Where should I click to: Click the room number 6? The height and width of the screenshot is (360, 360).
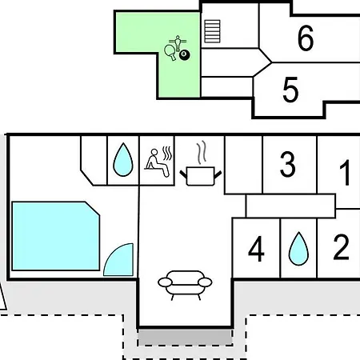pos(306,38)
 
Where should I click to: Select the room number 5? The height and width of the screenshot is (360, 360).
pos(290,90)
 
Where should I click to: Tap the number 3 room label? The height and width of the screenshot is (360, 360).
pos(287,164)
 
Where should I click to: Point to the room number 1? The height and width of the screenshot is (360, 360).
pos(346,173)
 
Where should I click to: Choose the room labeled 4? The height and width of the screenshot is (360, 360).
pos(256,249)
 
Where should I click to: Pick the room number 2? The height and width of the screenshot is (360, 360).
pos(341,246)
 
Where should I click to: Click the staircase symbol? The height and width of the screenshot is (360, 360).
pos(212,31)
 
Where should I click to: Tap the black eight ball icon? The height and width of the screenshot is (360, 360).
pos(185,55)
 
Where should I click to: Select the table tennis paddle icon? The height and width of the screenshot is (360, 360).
pos(170,52)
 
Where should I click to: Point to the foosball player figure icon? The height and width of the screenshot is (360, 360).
pos(178,43)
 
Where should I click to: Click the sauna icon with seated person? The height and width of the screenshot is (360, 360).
pos(158,162)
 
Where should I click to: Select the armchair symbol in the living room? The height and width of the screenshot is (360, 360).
pos(185,285)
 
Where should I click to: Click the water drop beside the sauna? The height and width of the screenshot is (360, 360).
pos(123,160)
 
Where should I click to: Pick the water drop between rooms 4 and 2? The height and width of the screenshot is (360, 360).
pos(298,249)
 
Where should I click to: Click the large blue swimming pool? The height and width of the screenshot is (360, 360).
pos(55,236)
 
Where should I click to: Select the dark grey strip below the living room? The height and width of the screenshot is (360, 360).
pos(185,338)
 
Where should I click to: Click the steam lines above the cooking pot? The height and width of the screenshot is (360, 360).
pos(202,152)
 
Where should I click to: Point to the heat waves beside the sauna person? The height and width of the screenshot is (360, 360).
pos(167,154)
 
